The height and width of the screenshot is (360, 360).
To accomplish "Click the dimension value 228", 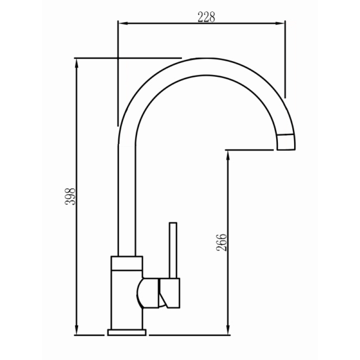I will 206,17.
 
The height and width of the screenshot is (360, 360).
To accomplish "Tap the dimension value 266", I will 222,242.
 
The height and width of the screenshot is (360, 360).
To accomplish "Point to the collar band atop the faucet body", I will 127,263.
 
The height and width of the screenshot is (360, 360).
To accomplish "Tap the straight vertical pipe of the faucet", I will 127,198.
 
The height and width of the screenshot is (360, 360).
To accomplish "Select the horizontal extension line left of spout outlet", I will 248,149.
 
